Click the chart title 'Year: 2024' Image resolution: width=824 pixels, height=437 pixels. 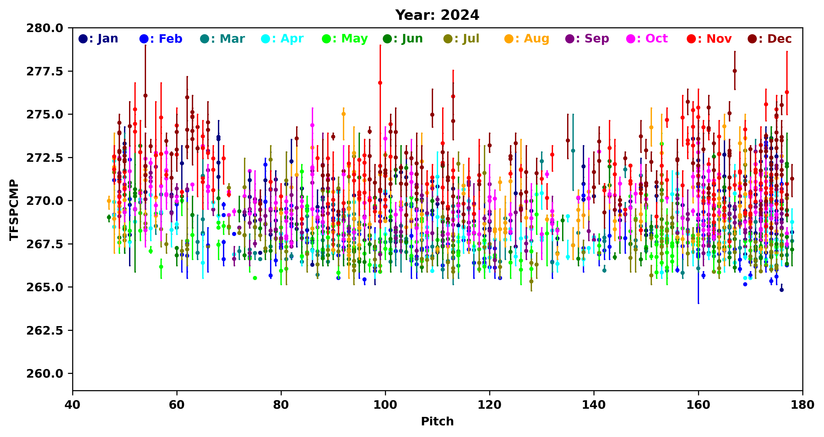click(437, 15)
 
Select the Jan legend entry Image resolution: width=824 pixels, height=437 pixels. click(99, 39)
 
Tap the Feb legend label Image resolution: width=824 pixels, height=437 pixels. click(161, 39)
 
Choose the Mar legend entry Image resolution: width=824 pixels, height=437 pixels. click(223, 39)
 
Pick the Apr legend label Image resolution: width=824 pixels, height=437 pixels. click(283, 39)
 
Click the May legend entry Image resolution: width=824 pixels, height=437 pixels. click(345, 39)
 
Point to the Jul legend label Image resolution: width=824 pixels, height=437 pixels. click(462, 39)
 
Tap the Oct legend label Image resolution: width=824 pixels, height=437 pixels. click(647, 39)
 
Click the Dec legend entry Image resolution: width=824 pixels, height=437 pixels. click(770, 39)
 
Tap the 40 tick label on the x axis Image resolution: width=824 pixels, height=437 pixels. click(73, 405)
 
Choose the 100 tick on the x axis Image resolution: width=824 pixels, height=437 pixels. click(385, 405)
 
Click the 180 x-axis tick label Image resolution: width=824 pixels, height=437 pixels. click(802, 405)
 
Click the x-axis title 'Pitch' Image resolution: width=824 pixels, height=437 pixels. click(437, 422)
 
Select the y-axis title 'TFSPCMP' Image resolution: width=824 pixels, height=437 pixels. click(14, 210)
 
